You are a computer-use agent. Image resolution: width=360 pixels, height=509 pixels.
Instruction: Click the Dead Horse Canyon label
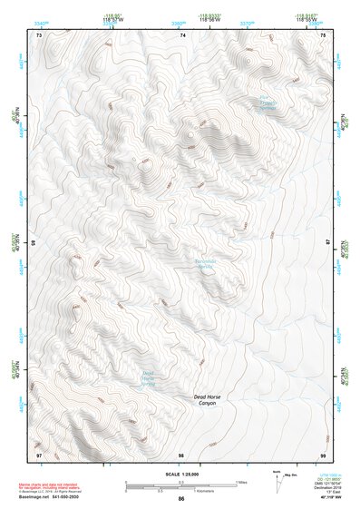[x=208, y=400]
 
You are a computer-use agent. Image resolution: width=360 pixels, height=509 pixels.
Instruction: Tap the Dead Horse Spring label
[x=149, y=377]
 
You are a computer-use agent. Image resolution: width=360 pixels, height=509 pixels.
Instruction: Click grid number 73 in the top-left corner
[x=38, y=34]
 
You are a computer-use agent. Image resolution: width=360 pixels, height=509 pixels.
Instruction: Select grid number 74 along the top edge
[x=182, y=34]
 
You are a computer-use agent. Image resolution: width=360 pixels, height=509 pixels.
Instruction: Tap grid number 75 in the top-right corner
[x=324, y=34]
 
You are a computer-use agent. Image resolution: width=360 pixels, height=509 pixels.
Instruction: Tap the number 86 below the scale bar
[x=181, y=499]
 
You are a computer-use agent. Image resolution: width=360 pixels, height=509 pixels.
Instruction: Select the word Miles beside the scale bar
[x=241, y=481]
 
